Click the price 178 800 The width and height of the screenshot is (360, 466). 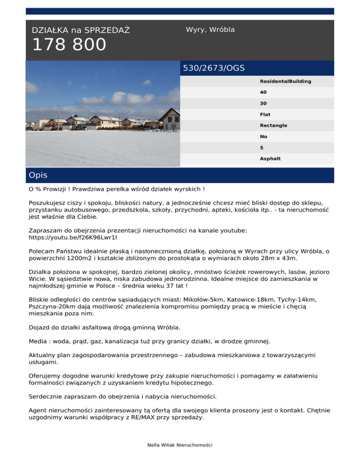click(x=69, y=45)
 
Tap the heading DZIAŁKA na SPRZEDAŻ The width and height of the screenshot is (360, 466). click(x=81, y=30)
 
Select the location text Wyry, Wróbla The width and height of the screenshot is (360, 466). click(x=210, y=30)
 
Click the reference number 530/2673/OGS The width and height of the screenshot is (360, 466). click(x=214, y=68)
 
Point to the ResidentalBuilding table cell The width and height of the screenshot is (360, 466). click(x=285, y=82)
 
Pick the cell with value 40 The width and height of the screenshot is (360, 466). click(x=263, y=92)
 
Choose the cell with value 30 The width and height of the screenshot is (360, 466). click(x=263, y=104)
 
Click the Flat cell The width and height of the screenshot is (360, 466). click(x=265, y=114)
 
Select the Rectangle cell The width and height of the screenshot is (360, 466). click(x=273, y=126)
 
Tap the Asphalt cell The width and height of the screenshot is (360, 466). click(x=270, y=159)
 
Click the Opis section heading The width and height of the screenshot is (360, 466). click(x=38, y=175)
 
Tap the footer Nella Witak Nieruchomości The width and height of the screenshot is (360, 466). click(x=180, y=444)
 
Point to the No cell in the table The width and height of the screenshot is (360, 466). click(x=263, y=137)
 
